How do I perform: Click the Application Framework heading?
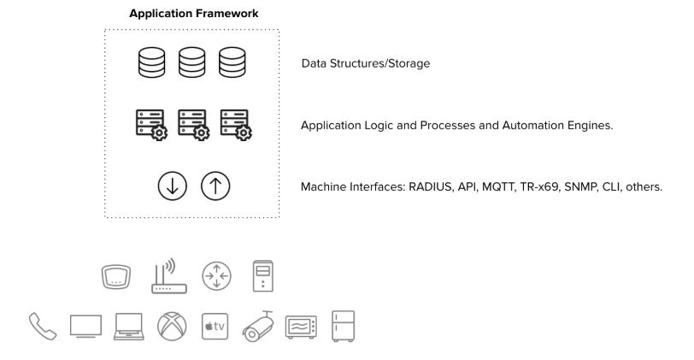[x=194, y=14]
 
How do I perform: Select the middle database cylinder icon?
[x=192, y=64]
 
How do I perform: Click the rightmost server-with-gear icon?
[x=236, y=125]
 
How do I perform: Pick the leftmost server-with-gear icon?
[x=151, y=125]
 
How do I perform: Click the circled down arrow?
[x=172, y=186]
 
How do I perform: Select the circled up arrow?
[x=215, y=186]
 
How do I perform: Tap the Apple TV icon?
[x=215, y=327]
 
